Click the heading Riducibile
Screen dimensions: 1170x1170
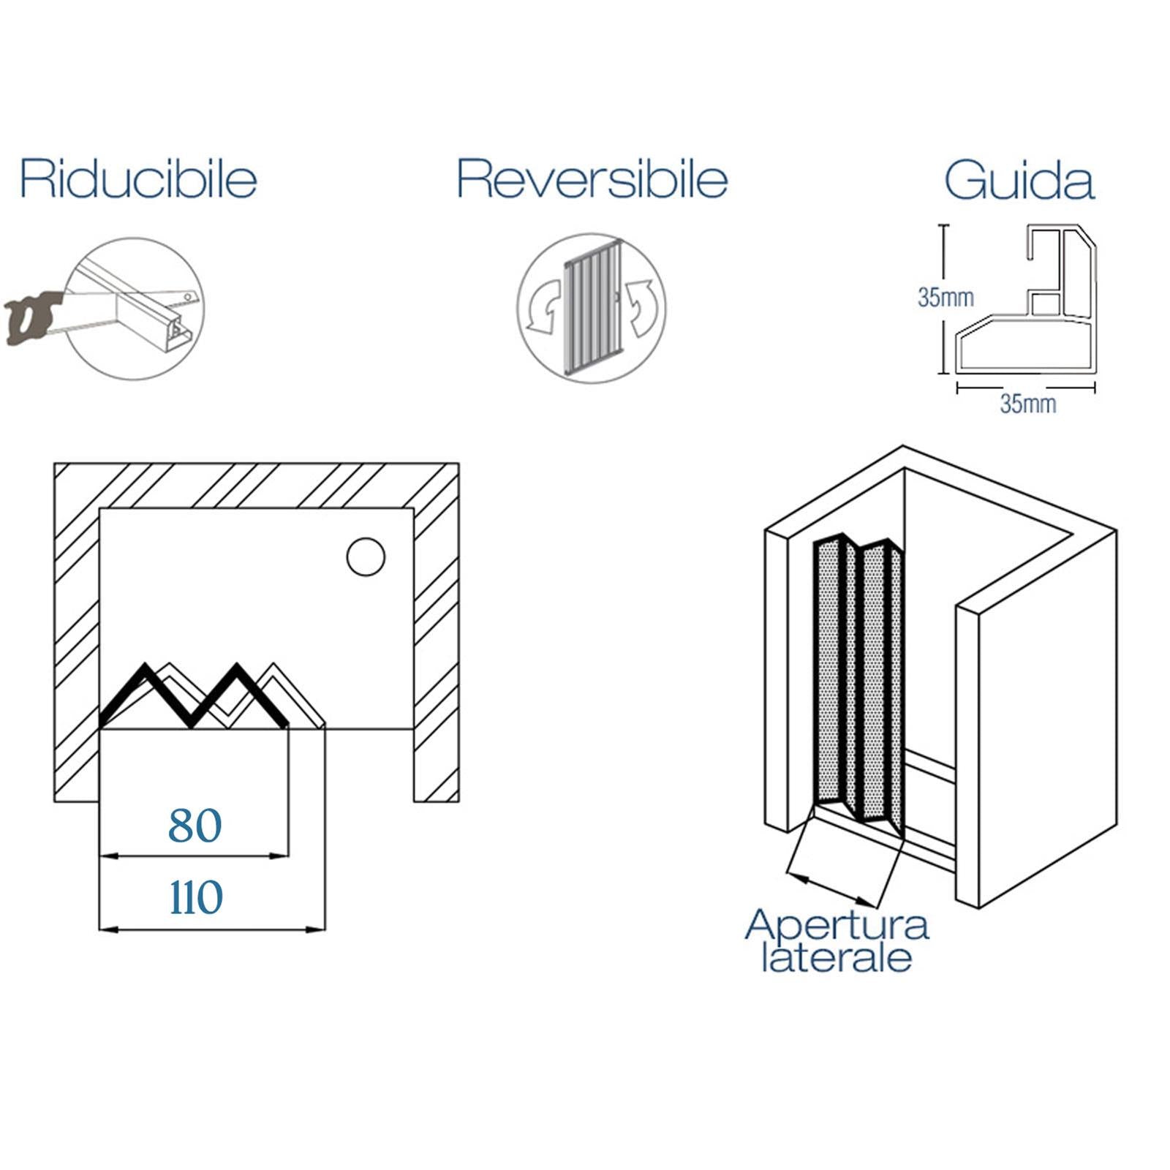click(x=138, y=178)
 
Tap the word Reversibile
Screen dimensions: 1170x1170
click(x=592, y=178)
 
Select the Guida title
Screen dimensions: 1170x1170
click(x=1019, y=180)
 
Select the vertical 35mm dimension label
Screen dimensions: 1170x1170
click(x=946, y=298)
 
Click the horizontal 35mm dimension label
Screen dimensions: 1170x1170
click(x=1028, y=404)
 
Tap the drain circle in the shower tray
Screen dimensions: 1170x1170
click(x=366, y=557)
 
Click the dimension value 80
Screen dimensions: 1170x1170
click(x=195, y=826)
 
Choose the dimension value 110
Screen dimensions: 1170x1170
click(x=196, y=897)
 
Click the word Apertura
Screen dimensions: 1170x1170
click(x=837, y=924)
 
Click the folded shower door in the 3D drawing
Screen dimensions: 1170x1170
click(x=860, y=676)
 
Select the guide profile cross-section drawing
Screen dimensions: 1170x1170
click(x=1027, y=300)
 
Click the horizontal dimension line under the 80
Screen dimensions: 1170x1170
click(x=195, y=855)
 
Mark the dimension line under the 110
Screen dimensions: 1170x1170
click(x=212, y=929)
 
